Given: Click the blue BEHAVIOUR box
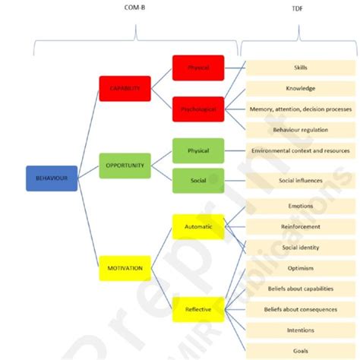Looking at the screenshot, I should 52,178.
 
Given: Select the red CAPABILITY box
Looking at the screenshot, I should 125,88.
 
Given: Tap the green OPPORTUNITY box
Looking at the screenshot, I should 125,165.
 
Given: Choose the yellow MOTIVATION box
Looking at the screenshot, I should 125,268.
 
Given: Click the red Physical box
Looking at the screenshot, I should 198,68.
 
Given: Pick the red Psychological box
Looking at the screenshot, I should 198,109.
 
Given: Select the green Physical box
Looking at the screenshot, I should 198,150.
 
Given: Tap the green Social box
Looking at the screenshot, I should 198,181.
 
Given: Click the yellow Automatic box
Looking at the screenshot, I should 198,226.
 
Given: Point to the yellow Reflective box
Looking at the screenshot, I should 198,309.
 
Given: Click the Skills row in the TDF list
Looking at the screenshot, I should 300,68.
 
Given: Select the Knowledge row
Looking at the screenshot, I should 300,88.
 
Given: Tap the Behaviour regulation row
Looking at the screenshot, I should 300,130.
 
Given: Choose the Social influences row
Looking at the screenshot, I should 300,181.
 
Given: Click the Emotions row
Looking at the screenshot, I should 300,206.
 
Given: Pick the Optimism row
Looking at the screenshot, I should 300,268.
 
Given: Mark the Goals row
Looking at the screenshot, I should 300,350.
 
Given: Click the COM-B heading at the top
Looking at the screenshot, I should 135,10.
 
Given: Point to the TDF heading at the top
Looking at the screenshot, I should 300,10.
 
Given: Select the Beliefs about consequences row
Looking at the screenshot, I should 300,309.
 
